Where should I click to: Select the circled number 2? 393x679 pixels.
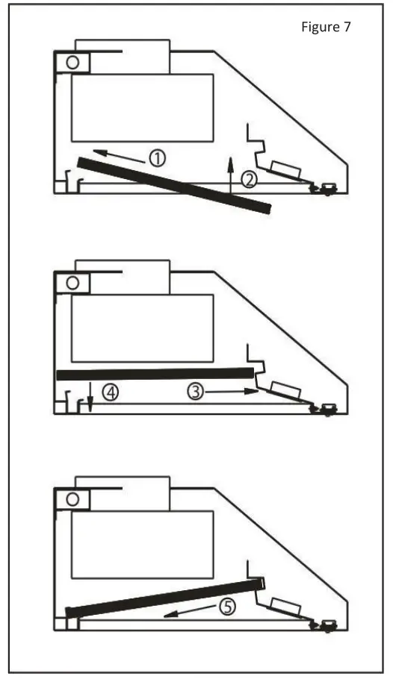pyautogui.click(x=249, y=178)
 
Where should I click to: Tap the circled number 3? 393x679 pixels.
pyautogui.click(x=196, y=390)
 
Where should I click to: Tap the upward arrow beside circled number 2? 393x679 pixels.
pyautogui.click(x=231, y=173)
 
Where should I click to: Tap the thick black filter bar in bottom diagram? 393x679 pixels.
pyautogui.click(x=164, y=597)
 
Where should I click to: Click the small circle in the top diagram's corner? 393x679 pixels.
pyautogui.click(x=72, y=62)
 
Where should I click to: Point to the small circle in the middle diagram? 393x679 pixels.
pyautogui.click(x=72, y=283)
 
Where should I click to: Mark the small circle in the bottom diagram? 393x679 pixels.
pyautogui.click(x=72, y=498)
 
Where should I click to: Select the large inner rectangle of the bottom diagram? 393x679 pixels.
pyautogui.click(x=142, y=545)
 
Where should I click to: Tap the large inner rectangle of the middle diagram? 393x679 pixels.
pyautogui.click(x=142, y=328)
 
